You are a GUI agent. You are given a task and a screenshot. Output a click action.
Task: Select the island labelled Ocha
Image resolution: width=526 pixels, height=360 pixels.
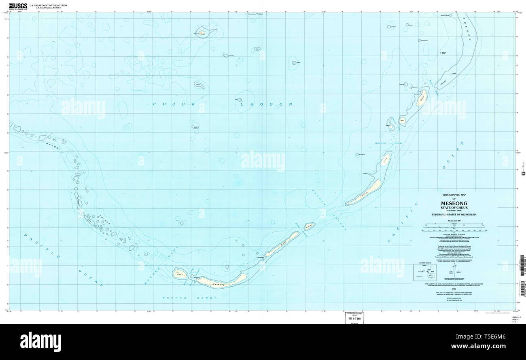[x=180, y=274]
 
